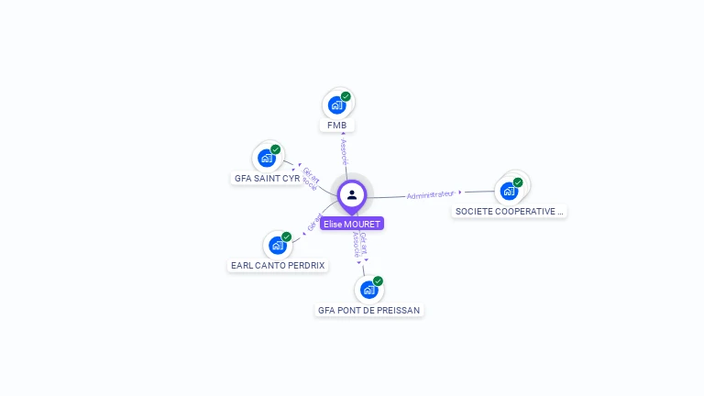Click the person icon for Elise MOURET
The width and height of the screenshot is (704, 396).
click(x=352, y=194)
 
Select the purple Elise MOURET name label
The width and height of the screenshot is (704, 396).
click(x=352, y=224)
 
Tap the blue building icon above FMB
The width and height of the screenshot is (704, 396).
click(x=336, y=105)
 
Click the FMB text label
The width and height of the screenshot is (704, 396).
click(x=336, y=125)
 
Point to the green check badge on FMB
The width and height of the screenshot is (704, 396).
click(x=346, y=96)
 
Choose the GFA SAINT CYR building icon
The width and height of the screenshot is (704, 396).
click(x=267, y=159)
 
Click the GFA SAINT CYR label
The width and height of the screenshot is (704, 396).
click(x=267, y=179)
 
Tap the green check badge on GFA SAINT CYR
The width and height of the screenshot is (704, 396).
click(x=276, y=149)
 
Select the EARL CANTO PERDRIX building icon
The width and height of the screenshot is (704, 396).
click(x=277, y=246)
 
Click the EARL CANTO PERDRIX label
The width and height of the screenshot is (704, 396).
click(x=278, y=266)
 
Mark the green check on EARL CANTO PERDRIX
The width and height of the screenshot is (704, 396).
click(x=286, y=236)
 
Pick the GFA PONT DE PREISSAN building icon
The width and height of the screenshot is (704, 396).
click(x=368, y=291)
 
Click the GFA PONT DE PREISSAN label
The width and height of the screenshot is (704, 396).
click(x=368, y=311)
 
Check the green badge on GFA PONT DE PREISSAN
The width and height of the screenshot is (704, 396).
click(x=378, y=281)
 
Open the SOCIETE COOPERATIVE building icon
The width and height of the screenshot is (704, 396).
click(x=509, y=192)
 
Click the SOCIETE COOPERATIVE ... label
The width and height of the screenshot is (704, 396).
click(x=510, y=212)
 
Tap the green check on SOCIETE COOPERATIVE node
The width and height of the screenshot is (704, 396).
click(x=518, y=182)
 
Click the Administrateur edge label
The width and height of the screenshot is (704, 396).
click(x=431, y=194)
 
